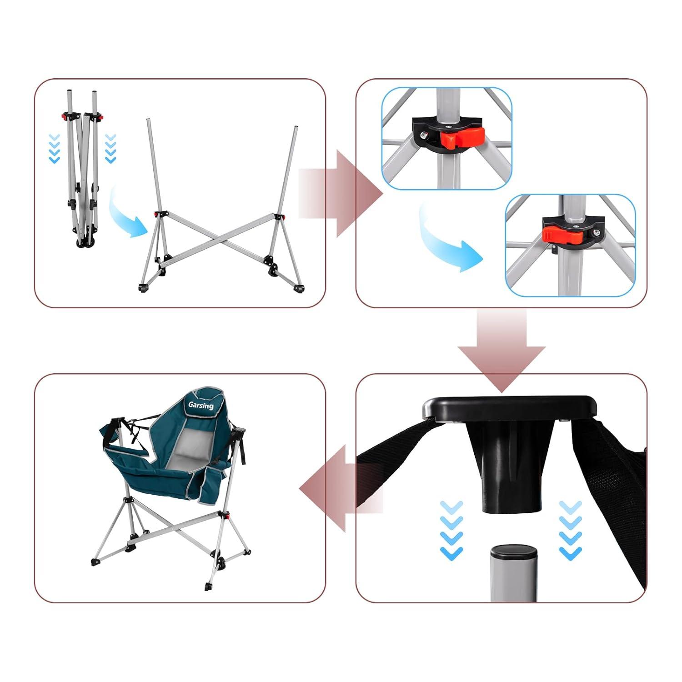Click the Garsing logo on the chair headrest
click(201, 405)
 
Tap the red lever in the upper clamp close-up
click(460, 137)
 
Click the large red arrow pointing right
click(341, 194)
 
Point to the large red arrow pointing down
click(501, 351)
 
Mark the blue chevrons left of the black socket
click(451, 530)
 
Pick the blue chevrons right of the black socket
click(570, 530)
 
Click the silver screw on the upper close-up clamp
click(424, 135)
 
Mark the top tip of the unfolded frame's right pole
click(296, 127)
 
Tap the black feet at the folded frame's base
click(83, 245)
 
